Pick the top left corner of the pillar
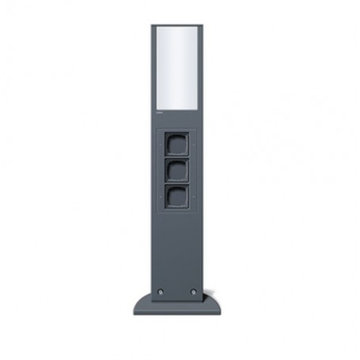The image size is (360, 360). coord(152,27)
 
